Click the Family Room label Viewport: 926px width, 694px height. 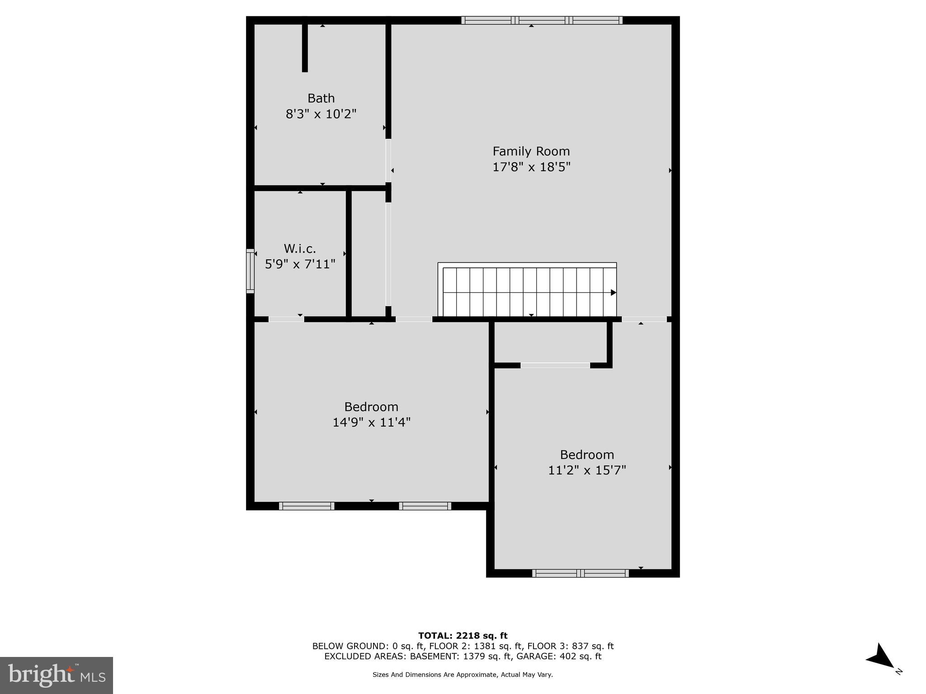point(531,151)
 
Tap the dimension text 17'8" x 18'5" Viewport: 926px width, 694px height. point(531,167)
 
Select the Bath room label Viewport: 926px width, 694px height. point(321,98)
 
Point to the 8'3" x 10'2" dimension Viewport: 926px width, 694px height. point(321,114)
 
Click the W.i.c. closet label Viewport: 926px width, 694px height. point(300,249)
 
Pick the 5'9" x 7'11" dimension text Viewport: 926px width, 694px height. point(300,264)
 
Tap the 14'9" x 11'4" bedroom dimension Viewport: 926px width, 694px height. point(371,422)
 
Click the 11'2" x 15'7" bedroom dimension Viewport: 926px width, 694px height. point(587,470)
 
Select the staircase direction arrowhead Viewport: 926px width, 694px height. point(613,292)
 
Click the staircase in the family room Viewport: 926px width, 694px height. point(527,291)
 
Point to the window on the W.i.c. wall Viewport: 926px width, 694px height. point(250,271)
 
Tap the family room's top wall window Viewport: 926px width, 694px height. point(542,20)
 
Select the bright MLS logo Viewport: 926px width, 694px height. point(57,675)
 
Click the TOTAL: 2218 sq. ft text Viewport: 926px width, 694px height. point(463,636)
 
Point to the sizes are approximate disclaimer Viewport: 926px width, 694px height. point(463,675)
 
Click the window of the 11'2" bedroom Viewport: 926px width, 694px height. point(580,573)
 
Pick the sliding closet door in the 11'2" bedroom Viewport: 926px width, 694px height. point(555,365)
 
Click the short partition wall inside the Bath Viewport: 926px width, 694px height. point(305,47)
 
